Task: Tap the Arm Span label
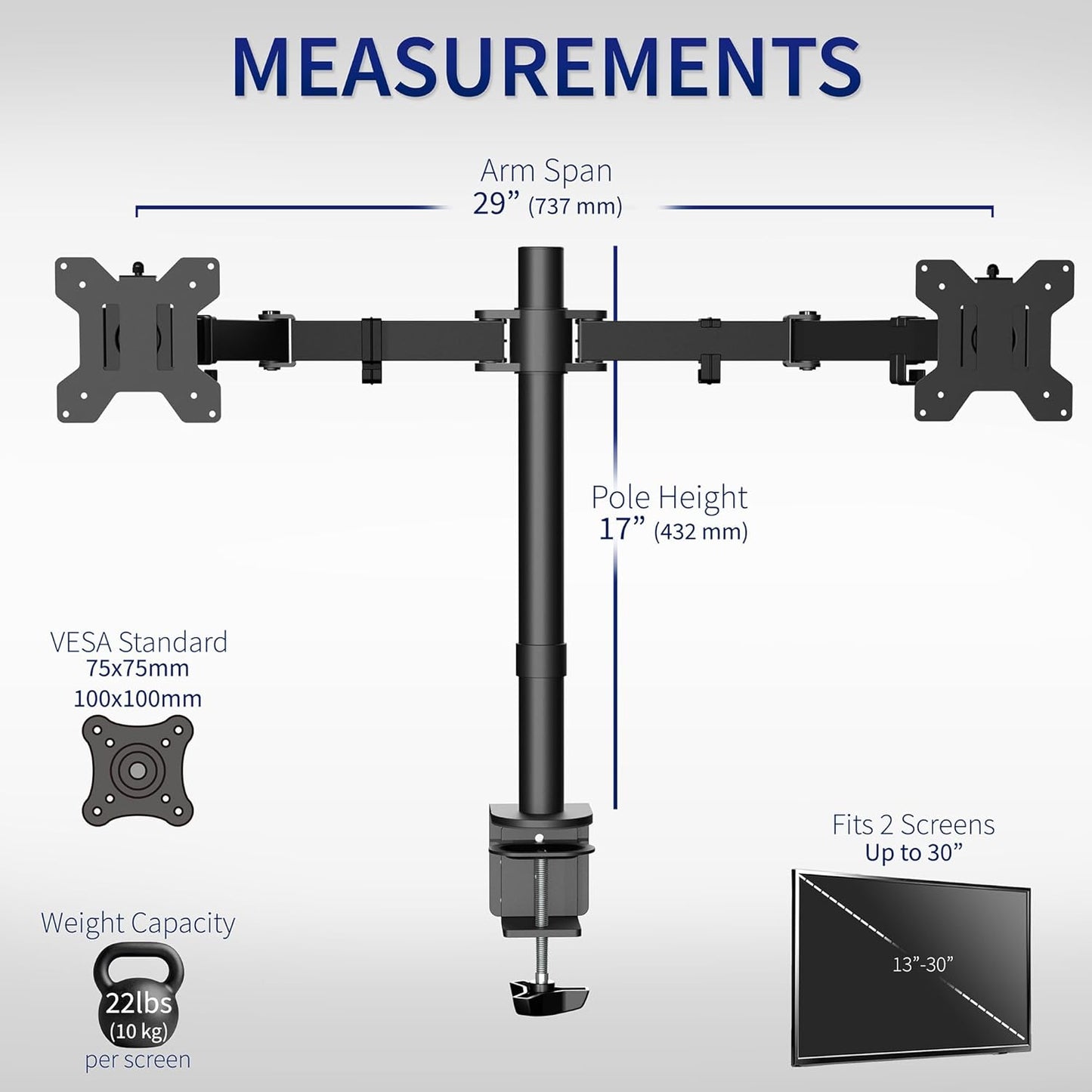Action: (546, 171)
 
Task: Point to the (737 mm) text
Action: (575, 206)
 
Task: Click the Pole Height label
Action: (669, 497)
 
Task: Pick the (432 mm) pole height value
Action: (701, 532)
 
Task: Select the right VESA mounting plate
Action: (995, 339)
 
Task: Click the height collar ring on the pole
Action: (542, 660)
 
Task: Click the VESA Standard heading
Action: (138, 642)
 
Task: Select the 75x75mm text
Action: (138, 669)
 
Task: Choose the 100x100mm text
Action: (138, 698)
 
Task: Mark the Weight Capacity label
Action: (138, 923)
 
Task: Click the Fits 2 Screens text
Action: (913, 824)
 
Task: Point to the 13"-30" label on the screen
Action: (922, 964)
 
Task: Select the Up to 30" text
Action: (914, 853)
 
